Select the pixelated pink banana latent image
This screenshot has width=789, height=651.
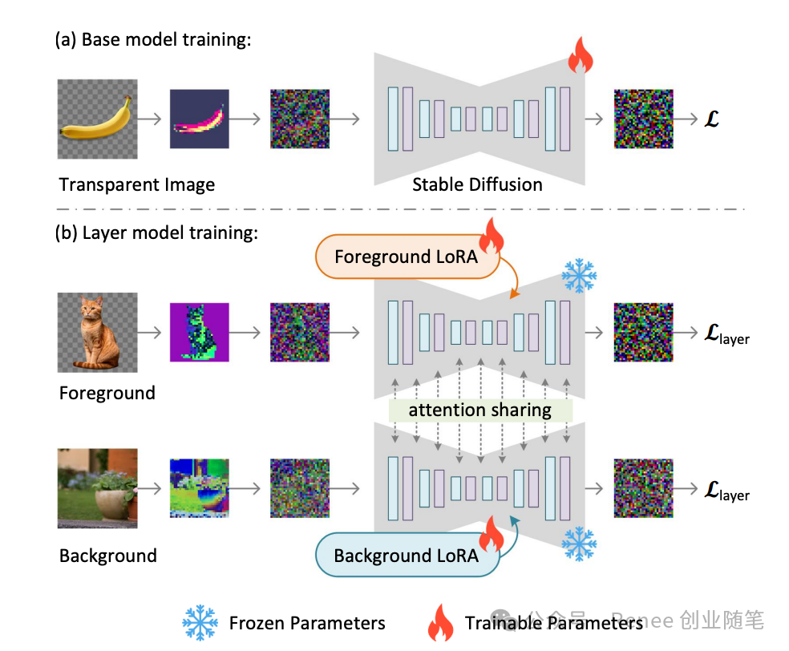(x=199, y=119)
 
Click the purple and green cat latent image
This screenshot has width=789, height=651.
(x=199, y=331)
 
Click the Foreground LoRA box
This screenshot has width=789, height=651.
(x=406, y=257)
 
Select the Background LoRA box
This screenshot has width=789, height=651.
(x=406, y=555)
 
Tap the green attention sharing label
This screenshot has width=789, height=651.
(x=479, y=410)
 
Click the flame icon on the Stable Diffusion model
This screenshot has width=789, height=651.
(x=578, y=56)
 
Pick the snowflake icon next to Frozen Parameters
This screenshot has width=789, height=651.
(x=200, y=622)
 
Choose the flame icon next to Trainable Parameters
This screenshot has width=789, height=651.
(x=441, y=622)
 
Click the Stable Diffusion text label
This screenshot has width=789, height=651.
(x=477, y=184)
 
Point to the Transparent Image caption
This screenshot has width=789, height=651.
(x=137, y=184)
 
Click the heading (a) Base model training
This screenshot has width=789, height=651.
(x=153, y=39)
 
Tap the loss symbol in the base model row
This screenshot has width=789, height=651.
(x=709, y=119)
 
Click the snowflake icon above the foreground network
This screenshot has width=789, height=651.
(x=578, y=276)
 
